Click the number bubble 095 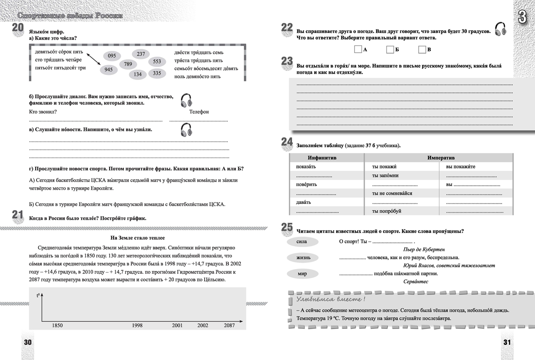(112, 56)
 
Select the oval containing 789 (128, 64)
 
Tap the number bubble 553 (156, 62)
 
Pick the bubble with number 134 (138, 74)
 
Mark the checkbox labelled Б (390, 49)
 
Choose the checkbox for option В (422, 49)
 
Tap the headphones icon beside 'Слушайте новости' (186, 130)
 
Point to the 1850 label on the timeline (57, 326)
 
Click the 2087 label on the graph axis (229, 326)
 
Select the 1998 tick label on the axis (137, 326)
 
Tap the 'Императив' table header (441, 158)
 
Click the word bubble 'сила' (301, 242)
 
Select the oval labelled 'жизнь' (301, 257)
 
